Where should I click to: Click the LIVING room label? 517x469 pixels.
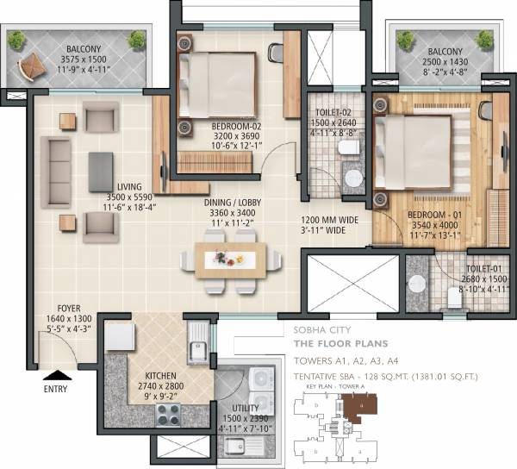pos(129,186)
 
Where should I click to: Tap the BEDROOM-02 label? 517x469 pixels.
pos(236,125)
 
